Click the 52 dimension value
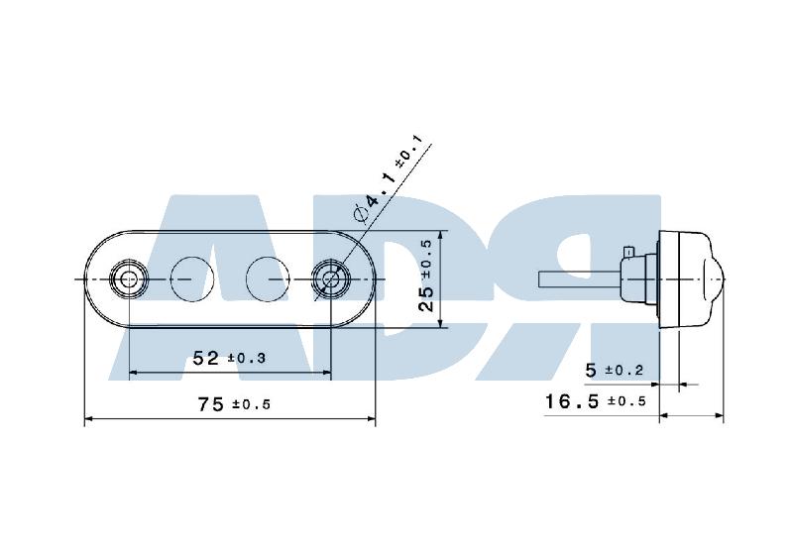[x=206, y=358]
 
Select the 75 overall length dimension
[x=210, y=404]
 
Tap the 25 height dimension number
[x=427, y=298]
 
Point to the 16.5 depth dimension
[x=572, y=401]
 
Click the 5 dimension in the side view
[x=591, y=371]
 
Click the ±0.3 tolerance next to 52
[x=246, y=359]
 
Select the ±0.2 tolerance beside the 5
[x=624, y=371]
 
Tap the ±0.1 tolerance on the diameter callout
[x=407, y=153]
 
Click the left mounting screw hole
[x=129, y=278]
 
